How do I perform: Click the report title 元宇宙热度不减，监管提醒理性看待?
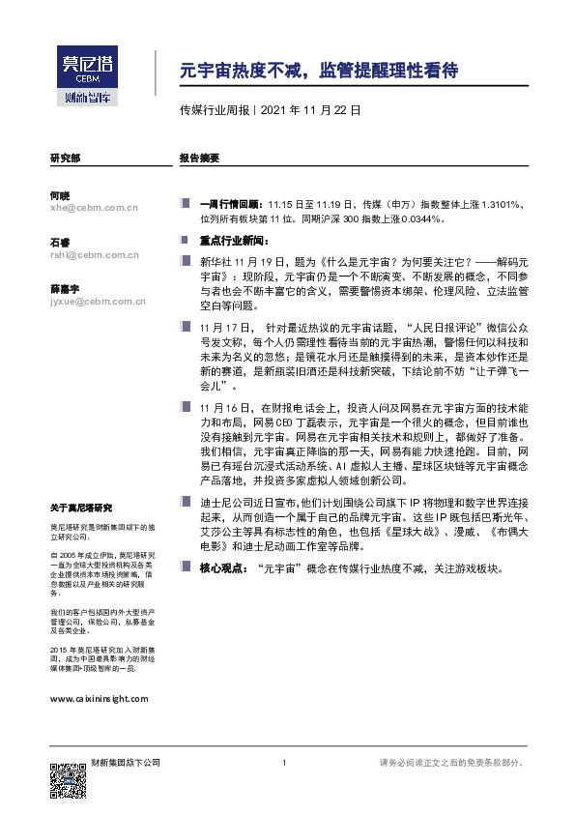coord(318,71)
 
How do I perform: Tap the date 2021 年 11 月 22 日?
coord(311,110)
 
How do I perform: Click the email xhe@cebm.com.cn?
coord(94,207)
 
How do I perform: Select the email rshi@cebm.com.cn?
coord(95,255)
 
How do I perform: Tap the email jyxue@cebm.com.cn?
coord(98,303)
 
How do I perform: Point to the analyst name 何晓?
coord(59,195)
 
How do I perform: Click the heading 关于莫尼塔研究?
coord(81,508)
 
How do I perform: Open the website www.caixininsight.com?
coord(99,697)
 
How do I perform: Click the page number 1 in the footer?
coord(284,763)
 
